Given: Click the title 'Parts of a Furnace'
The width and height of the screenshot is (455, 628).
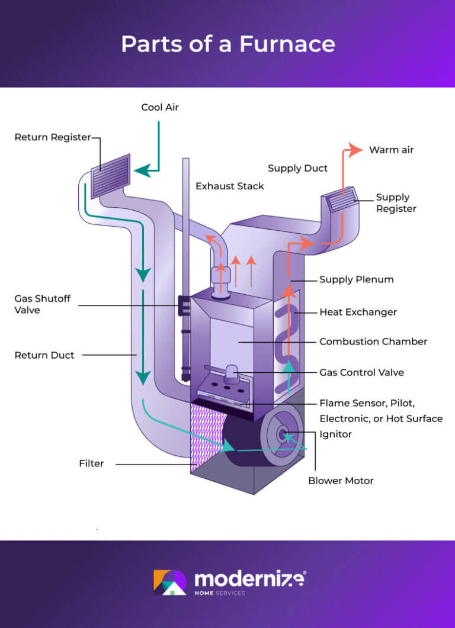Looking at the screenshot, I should click(x=227, y=44).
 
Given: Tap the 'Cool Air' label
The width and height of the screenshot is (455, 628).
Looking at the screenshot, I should click(x=159, y=107).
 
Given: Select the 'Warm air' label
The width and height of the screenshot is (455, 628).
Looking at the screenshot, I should click(x=391, y=150).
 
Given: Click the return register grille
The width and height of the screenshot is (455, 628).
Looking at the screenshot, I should click(x=111, y=175).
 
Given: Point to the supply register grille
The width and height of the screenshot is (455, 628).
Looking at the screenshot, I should click(x=341, y=200).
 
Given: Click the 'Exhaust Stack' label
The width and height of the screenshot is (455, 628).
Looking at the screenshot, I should click(x=230, y=186).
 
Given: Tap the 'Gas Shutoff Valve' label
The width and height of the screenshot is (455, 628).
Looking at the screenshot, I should click(x=42, y=304).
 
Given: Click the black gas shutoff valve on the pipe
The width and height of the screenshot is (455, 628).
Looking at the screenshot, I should click(x=183, y=306).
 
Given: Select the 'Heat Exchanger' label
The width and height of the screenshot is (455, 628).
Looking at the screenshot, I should click(x=358, y=312).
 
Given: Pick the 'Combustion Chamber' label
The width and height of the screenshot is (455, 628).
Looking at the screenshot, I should click(x=373, y=342).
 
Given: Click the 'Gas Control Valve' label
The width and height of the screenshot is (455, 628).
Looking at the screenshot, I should click(x=361, y=372).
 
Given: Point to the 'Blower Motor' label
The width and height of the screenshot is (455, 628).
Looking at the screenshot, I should click(x=341, y=481).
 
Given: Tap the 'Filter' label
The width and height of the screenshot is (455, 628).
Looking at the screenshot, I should click(x=91, y=463).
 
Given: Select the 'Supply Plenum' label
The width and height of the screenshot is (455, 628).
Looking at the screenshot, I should click(x=356, y=279).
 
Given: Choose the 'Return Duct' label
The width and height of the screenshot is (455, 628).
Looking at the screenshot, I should click(x=44, y=355).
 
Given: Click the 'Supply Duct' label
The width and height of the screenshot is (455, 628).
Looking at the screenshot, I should click(x=297, y=168).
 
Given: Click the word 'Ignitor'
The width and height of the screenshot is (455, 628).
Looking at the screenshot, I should click(x=335, y=434).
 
